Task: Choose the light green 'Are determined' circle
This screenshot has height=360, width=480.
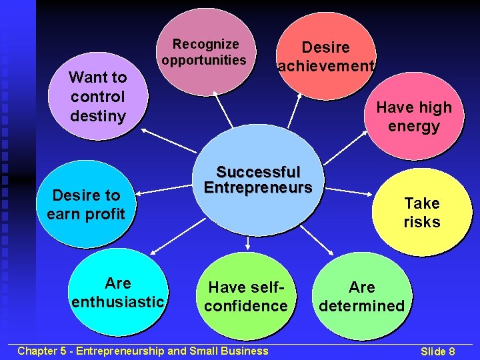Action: click(361, 296)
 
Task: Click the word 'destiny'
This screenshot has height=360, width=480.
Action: click(97, 115)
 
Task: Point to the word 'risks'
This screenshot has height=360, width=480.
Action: click(421, 222)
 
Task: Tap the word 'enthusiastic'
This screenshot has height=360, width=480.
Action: click(118, 302)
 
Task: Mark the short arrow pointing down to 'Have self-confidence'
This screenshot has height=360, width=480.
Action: click(247, 243)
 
